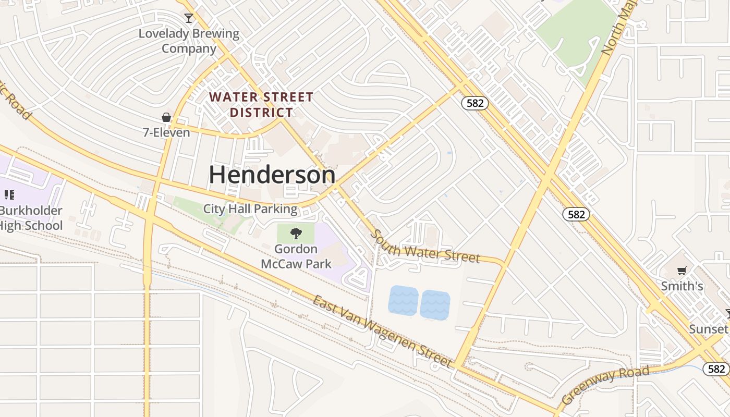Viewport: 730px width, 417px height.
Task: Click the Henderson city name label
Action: tap(272, 175)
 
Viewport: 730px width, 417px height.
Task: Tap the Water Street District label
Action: tap(261, 105)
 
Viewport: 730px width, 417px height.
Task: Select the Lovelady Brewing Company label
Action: tap(189, 41)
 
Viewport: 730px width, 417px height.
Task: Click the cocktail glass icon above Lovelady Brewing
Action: tap(189, 18)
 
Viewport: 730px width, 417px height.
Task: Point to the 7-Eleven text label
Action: tap(166, 132)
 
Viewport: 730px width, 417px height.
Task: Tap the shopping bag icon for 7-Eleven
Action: tap(166, 117)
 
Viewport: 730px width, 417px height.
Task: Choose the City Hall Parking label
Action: tap(250, 209)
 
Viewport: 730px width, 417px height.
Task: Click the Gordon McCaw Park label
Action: tap(296, 256)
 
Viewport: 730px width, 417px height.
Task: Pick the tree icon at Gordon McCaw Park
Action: tap(296, 233)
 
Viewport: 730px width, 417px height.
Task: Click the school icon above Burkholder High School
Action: tap(9, 195)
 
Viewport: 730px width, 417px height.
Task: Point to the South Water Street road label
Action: tap(425, 247)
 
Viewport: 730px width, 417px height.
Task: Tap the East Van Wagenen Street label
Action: tap(382, 331)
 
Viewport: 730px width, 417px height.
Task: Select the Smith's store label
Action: tap(682, 286)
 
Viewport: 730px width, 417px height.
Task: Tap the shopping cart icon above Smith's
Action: tap(682, 271)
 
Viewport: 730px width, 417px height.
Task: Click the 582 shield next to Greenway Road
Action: tap(716, 369)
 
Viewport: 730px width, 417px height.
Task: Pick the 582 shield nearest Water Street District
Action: tap(475, 103)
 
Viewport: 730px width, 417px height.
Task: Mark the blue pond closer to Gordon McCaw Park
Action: tap(404, 301)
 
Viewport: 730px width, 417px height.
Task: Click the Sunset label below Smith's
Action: tap(708, 329)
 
